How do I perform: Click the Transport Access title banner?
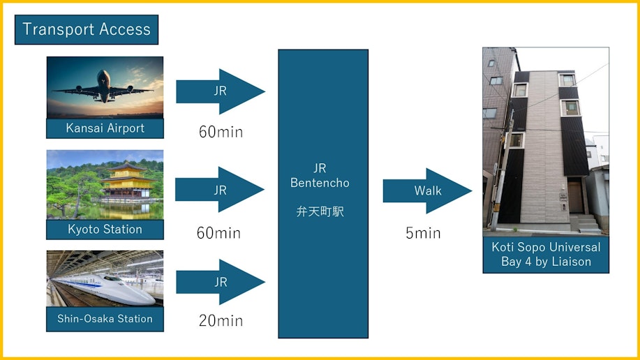coord(87,30)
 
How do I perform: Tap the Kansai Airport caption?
coord(105,128)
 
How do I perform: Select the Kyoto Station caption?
coord(105,230)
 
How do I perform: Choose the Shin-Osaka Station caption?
coord(105,319)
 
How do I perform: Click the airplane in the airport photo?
coord(103,87)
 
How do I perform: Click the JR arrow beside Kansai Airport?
coord(221,91)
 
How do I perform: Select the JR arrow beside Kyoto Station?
coord(220,189)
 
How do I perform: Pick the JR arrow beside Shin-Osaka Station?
coord(221,282)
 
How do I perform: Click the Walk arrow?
coord(427,190)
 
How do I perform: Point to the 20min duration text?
coord(221,321)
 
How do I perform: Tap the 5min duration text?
coord(423,233)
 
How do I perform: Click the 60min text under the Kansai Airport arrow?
coord(221,132)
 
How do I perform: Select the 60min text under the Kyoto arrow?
coord(218,233)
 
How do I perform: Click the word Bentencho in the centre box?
coord(320,183)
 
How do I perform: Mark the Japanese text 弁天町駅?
coord(320,211)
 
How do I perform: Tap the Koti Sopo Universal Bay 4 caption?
coord(546,254)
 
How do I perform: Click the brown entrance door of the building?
coord(575,197)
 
